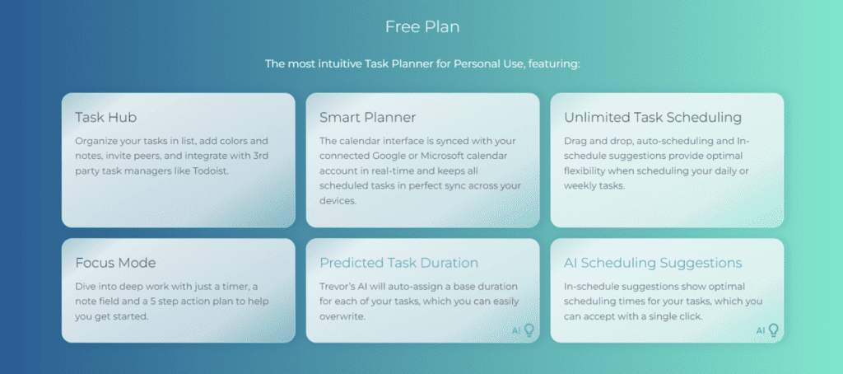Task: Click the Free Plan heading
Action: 421,26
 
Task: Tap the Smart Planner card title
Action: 367,117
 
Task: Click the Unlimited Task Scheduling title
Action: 653,117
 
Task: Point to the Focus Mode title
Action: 115,263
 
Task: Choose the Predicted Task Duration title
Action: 398,263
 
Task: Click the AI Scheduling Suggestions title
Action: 653,263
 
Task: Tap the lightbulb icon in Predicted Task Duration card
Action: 529,330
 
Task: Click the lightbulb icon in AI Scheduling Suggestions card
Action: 773,330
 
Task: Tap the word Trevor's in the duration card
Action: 338,287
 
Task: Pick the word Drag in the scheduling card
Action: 576,141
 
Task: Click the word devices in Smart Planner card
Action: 336,200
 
